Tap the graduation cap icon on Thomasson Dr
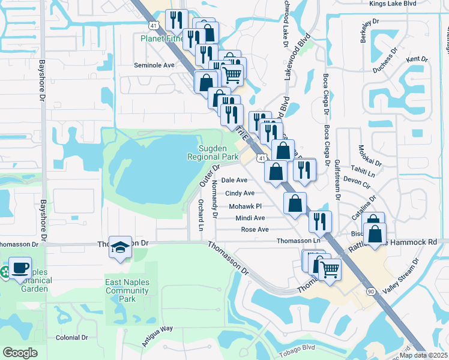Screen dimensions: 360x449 [121, 247]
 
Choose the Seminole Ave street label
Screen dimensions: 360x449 [154, 65]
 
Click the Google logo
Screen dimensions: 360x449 [20, 353]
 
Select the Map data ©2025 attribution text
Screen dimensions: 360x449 [423, 355]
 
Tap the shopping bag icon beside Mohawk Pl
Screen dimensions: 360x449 [295, 203]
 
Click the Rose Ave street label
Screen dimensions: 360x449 [255, 230]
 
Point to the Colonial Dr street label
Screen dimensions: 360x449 [71, 338]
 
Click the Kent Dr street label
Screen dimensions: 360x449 [417, 59]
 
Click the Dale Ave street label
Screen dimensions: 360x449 [234, 180]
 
